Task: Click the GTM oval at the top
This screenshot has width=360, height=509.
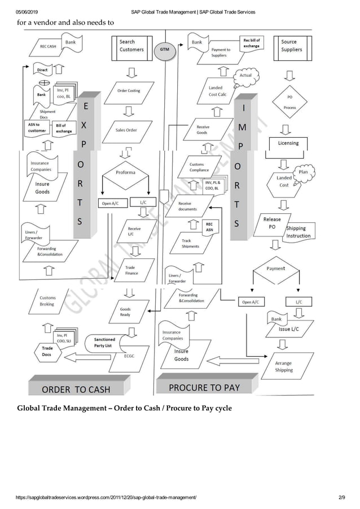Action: click(x=164, y=49)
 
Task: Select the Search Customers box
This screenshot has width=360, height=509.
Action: click(x=131, y=46)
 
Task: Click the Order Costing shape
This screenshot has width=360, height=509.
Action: click(x=129, y=91)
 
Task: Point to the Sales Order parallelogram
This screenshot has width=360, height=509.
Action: click(x=126, y=130)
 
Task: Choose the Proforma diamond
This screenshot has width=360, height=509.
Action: click(x=125, y=172)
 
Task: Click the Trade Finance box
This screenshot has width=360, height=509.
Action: click(x=131, y=271)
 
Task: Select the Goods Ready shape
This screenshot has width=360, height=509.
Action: click(x=125, y=312)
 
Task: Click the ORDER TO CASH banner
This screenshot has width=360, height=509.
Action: click(x=76, y=389)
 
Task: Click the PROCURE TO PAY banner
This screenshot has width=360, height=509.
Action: click(x=204, y=387)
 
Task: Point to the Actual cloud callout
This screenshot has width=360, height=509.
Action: click(x=245, y=76)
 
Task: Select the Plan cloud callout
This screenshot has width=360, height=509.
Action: click(x=303, y=172)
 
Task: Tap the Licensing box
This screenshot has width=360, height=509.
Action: click(x=288, y=143)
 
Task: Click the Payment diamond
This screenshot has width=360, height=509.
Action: click(x=276, y=269)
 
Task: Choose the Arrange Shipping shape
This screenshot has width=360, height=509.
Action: click(x=284, y=367)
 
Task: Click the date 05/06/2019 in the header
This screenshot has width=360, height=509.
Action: click(x=26, y=12)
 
